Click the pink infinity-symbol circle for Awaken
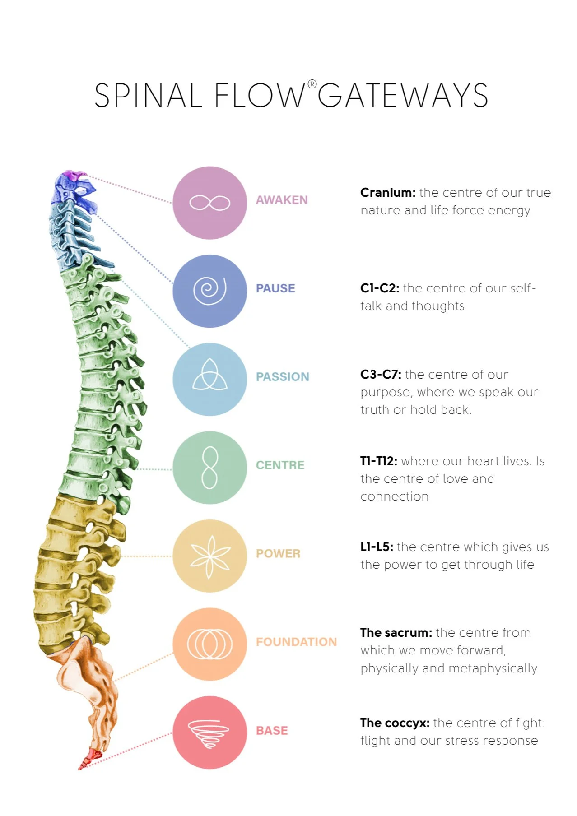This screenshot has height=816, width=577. point(209,203)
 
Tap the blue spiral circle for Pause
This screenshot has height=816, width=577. point(209,291)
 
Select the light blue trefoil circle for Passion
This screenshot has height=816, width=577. point(209,379)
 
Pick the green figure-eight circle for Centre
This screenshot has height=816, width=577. point(209,468)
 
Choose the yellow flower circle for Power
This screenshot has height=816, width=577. point(209,556)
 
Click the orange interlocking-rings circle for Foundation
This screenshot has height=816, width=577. point(209,644)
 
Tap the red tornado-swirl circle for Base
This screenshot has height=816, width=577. point(209,733)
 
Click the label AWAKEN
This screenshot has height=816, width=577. point(282,200)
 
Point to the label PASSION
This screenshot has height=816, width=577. point(282,377)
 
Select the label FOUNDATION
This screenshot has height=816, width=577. point(296,642)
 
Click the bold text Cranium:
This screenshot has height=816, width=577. point(388,193)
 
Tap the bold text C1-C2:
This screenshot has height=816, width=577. point(380,288)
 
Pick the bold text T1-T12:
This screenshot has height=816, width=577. point(378,461)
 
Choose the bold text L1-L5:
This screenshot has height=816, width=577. point(377,547)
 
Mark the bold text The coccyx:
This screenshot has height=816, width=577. point(395,723)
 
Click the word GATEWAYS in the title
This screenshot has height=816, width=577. point(403,96)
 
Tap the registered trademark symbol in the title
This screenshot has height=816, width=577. point(312,84)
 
